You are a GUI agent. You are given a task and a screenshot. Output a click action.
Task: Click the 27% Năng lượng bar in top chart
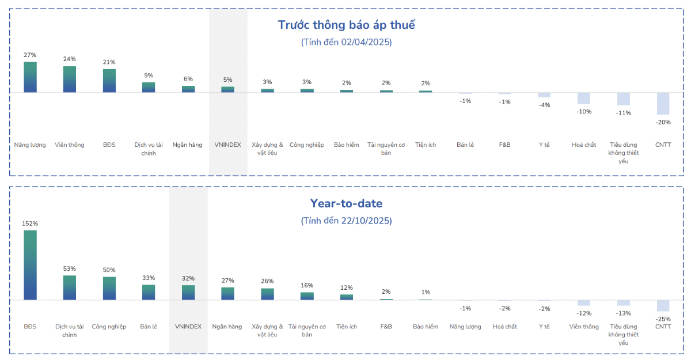pos(30,77)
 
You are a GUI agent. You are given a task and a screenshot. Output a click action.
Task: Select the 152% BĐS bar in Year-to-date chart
pos(30,265)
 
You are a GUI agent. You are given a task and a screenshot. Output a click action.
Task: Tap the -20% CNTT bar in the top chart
pos(663,103)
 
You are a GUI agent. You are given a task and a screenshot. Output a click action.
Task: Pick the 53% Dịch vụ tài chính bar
pos(70,287)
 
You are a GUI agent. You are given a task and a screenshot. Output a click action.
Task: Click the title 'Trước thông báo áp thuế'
pos(346,25)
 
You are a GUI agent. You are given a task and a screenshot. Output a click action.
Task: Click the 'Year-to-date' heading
pos(346,203)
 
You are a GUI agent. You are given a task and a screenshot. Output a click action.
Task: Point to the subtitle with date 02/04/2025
pos(346,42)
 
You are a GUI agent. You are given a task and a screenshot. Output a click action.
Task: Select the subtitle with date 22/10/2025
pos(346,221)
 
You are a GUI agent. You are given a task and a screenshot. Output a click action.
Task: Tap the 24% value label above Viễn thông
pos(70,59)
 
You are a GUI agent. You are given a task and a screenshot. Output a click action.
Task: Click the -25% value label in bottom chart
pos(663,319)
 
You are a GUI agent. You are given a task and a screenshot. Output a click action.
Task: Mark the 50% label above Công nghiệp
pos(109,270)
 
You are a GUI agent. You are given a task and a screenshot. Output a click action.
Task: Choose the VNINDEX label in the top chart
pos(227,145)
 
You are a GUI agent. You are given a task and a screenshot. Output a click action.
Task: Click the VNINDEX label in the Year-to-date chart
pos(188,327)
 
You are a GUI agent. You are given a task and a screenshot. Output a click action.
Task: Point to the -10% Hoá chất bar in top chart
pos(584,98)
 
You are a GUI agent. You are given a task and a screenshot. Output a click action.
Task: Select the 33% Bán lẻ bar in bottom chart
pos(149,292)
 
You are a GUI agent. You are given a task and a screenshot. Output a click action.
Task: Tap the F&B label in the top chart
pos(504,145)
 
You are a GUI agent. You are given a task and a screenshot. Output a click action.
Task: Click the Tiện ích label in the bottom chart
pos(346,327)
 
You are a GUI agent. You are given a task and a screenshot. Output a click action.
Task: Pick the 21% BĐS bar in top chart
pos(109,81)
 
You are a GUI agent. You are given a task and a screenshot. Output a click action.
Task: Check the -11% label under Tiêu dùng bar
pos(623,113)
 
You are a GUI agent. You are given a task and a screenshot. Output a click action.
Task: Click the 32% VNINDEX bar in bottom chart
pos(188,293)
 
